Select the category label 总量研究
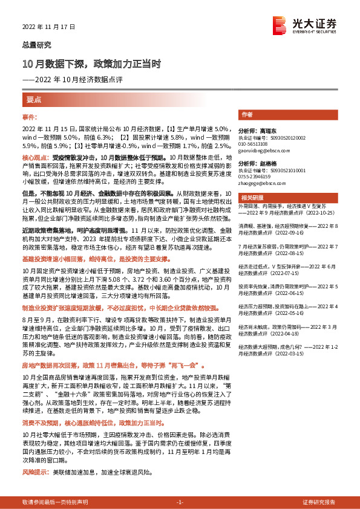(37, 44)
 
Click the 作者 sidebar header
(246, 114)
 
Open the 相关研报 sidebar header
(250, 198)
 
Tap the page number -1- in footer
(180, 502)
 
